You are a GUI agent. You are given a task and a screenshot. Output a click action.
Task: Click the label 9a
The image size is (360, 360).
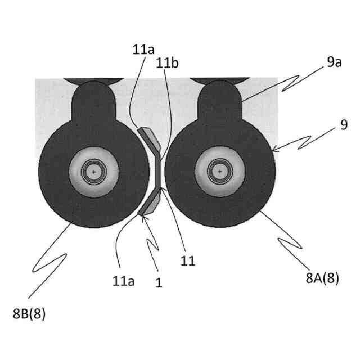(x=334, y=62)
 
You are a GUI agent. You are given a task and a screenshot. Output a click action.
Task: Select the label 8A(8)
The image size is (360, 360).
(x=322, y=278)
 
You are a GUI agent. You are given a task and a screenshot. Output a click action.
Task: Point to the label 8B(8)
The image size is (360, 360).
(x=29, y=314)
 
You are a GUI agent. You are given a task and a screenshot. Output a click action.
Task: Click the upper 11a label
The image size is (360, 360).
(x=143, y=49)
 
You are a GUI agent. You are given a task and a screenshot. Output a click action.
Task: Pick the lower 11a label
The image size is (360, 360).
(x=123, y=280)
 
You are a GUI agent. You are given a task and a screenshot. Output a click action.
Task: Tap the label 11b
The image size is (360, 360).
(x=168, y=64)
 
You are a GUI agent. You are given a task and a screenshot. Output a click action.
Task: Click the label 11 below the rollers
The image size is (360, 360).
(x=188, y=260)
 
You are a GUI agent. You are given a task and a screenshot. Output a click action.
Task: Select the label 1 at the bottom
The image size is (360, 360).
(x=159, y=283)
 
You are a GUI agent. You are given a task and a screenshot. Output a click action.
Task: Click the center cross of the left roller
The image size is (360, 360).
(x=94, y=170)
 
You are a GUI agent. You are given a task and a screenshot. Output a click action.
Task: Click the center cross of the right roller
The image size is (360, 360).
(x=220, y=170)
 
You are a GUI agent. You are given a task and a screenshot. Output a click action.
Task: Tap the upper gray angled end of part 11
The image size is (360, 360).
(x=149, y=136)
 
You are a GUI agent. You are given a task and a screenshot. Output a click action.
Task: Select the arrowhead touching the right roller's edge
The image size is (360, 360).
(x=274, y=150)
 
